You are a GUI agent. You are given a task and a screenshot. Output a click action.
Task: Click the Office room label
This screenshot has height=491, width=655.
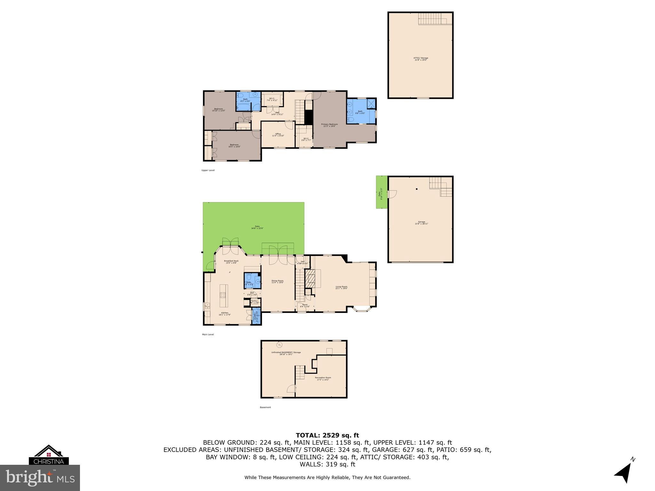coord(278,135)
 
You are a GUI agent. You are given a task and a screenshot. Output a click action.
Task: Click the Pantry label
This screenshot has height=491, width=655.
coord(254,301)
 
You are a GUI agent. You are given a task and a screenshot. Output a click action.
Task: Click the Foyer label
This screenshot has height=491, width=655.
coord(305,305)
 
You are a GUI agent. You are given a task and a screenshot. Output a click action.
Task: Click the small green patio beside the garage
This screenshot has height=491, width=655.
coord(382,192)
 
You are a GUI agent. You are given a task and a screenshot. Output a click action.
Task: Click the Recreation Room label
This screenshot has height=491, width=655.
coord(323,378)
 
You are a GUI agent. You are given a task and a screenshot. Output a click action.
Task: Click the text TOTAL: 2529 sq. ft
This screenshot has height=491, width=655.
coord(327,435)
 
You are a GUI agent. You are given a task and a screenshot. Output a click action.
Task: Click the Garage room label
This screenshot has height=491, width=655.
coord(422,222)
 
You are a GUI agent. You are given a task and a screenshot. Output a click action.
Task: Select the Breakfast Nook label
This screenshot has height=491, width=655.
coord(232,261)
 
